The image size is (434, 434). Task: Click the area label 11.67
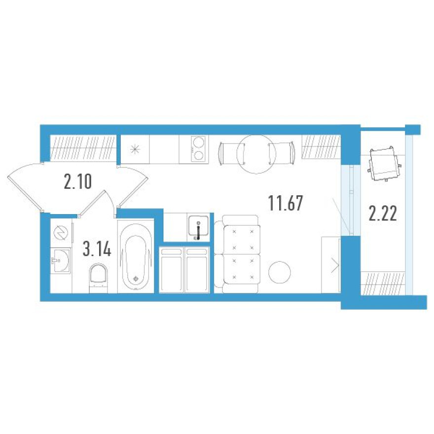[286, 203]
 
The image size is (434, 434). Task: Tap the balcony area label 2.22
[383, 214]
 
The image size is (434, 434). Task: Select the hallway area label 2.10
[78, 181]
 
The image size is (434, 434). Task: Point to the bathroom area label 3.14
[97, 249]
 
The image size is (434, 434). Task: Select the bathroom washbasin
[61, 260]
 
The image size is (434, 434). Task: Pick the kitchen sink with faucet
[198, 227]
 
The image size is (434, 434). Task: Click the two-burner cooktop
[198, 149]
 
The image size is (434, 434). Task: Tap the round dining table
[256, 154]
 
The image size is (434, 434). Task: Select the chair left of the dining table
[231, 154]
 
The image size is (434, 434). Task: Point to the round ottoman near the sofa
[280, 272]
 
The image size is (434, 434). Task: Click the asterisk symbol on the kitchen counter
[135, 149]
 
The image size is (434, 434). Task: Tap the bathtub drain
[136, 279]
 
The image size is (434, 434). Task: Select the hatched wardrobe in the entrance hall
[83, 148]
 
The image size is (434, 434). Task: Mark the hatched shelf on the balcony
[383, 283]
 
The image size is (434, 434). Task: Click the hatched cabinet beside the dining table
[321, 146]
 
